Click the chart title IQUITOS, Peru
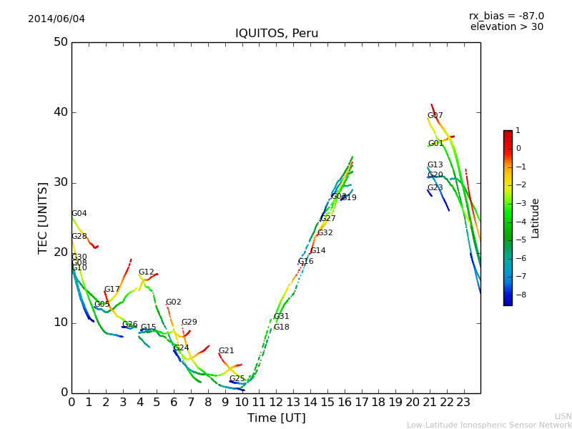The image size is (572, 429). point(277,34)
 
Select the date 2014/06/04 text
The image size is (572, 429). point(56,19)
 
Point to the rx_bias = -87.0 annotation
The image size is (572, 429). point(506,16)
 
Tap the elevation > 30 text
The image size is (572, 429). point(506,27)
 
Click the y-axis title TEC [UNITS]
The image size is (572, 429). point(43,217)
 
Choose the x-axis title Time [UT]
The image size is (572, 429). point(276,418)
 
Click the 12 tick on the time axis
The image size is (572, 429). point(276,403)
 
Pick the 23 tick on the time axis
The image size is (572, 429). point(463,403)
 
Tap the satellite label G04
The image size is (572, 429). point(79,214)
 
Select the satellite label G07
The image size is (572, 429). point(435,116)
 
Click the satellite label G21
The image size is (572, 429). point(226,351)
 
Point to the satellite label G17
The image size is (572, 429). point(112,290)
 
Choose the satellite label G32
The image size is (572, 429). point(325,233)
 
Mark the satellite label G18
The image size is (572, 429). point(281,327)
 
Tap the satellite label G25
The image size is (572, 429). point(237,379)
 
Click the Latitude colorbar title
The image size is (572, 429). point(535,218)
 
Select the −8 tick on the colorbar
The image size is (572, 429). point(518,294)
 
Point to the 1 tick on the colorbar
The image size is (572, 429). point(518,131)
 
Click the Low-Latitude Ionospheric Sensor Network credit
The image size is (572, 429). point(489,425)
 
